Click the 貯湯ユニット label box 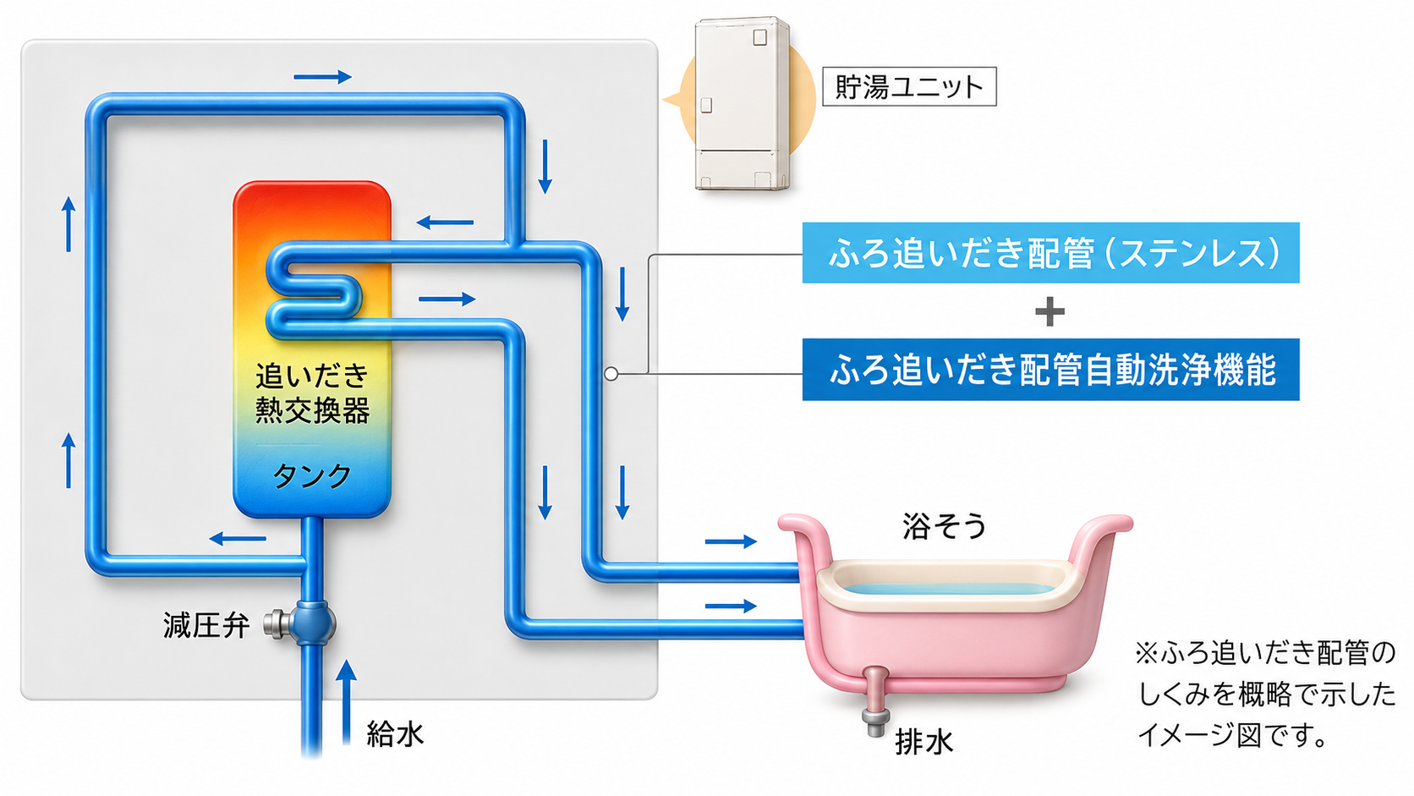coord(909,86)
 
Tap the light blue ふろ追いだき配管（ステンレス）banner coord(1050,252)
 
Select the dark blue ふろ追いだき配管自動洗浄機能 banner coord(1050,370)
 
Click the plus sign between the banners coord(1050,312)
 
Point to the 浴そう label coord(944,526)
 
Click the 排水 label coord(923,743)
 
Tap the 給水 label coord(395,734)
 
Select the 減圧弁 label coord(206,626)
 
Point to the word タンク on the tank coord(312,476)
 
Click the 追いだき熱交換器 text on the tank coord(312,393)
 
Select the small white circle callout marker coord(611,374)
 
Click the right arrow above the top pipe coord(322,77)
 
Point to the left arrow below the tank coord(238,539)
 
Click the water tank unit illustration coord(743,103)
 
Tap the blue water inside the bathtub coord(949,589)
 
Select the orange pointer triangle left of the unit coord(671,99)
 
